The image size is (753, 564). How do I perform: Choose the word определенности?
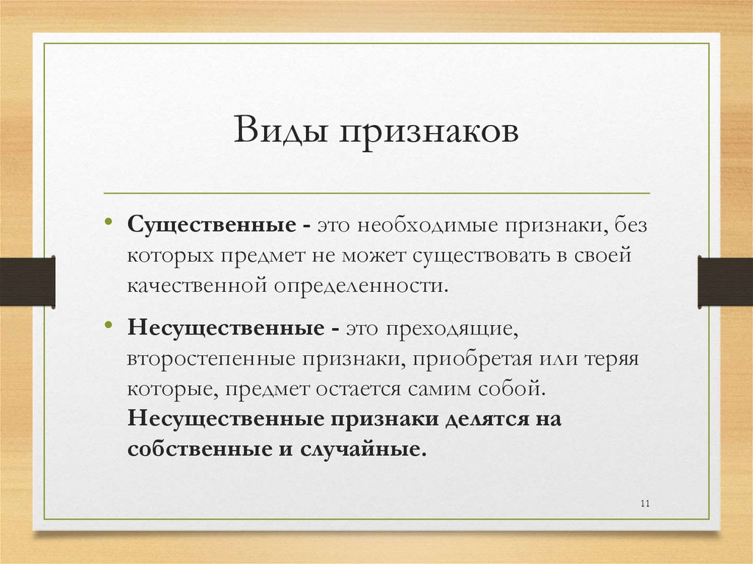tap(360, 285)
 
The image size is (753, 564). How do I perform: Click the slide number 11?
tap(646, 503)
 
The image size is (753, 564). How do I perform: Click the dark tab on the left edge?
tap(27, 282)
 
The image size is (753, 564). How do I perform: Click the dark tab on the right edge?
tap(724, 282)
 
